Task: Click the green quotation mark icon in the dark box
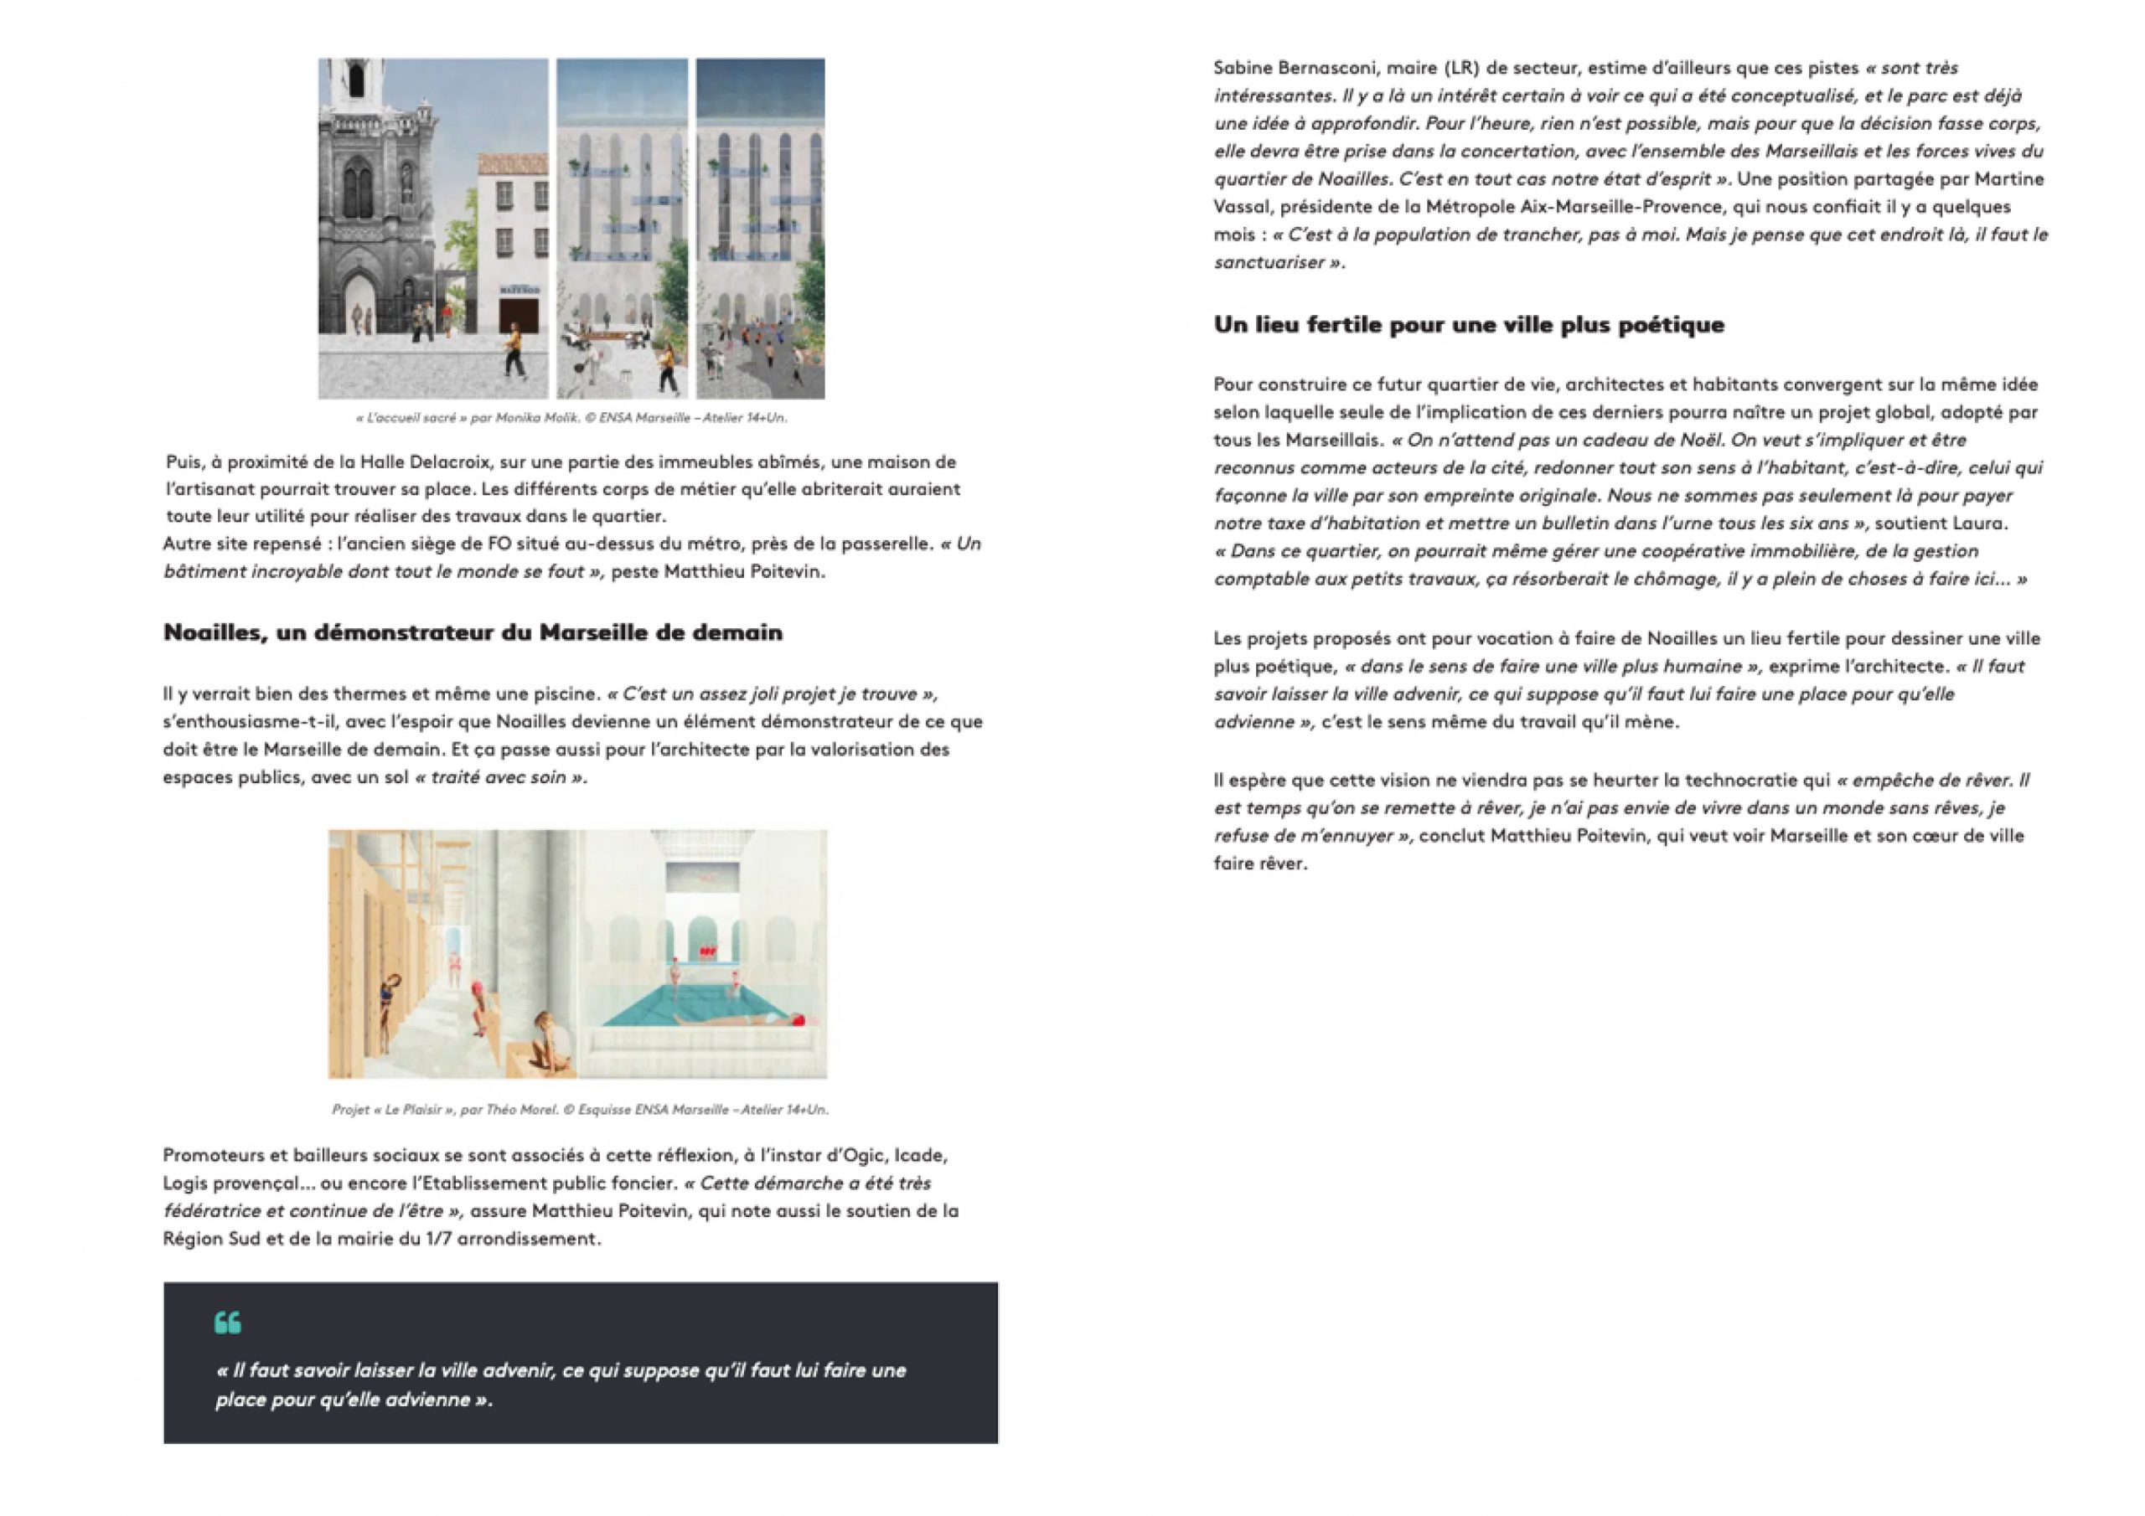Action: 227,1322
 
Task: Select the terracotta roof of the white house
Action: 512,161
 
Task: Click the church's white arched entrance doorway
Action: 358,303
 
